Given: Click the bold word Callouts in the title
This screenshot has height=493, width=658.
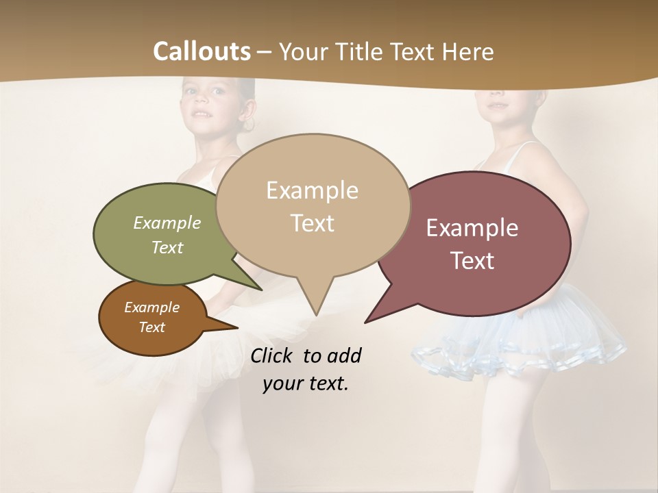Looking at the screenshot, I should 202,51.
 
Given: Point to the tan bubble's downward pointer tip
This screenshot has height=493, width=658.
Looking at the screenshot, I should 315,314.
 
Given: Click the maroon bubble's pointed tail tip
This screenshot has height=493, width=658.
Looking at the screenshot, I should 365,322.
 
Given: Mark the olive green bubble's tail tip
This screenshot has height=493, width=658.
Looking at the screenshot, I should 261,290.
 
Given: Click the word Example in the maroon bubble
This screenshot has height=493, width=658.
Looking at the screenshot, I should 472,228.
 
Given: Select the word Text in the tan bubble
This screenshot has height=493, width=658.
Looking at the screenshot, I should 313,223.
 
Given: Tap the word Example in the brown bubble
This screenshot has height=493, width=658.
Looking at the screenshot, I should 151,307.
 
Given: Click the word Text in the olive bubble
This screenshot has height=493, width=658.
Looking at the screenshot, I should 167,247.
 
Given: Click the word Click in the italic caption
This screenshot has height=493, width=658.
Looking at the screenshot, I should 273,355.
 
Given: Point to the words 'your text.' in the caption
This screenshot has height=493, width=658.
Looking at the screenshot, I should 306,383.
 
